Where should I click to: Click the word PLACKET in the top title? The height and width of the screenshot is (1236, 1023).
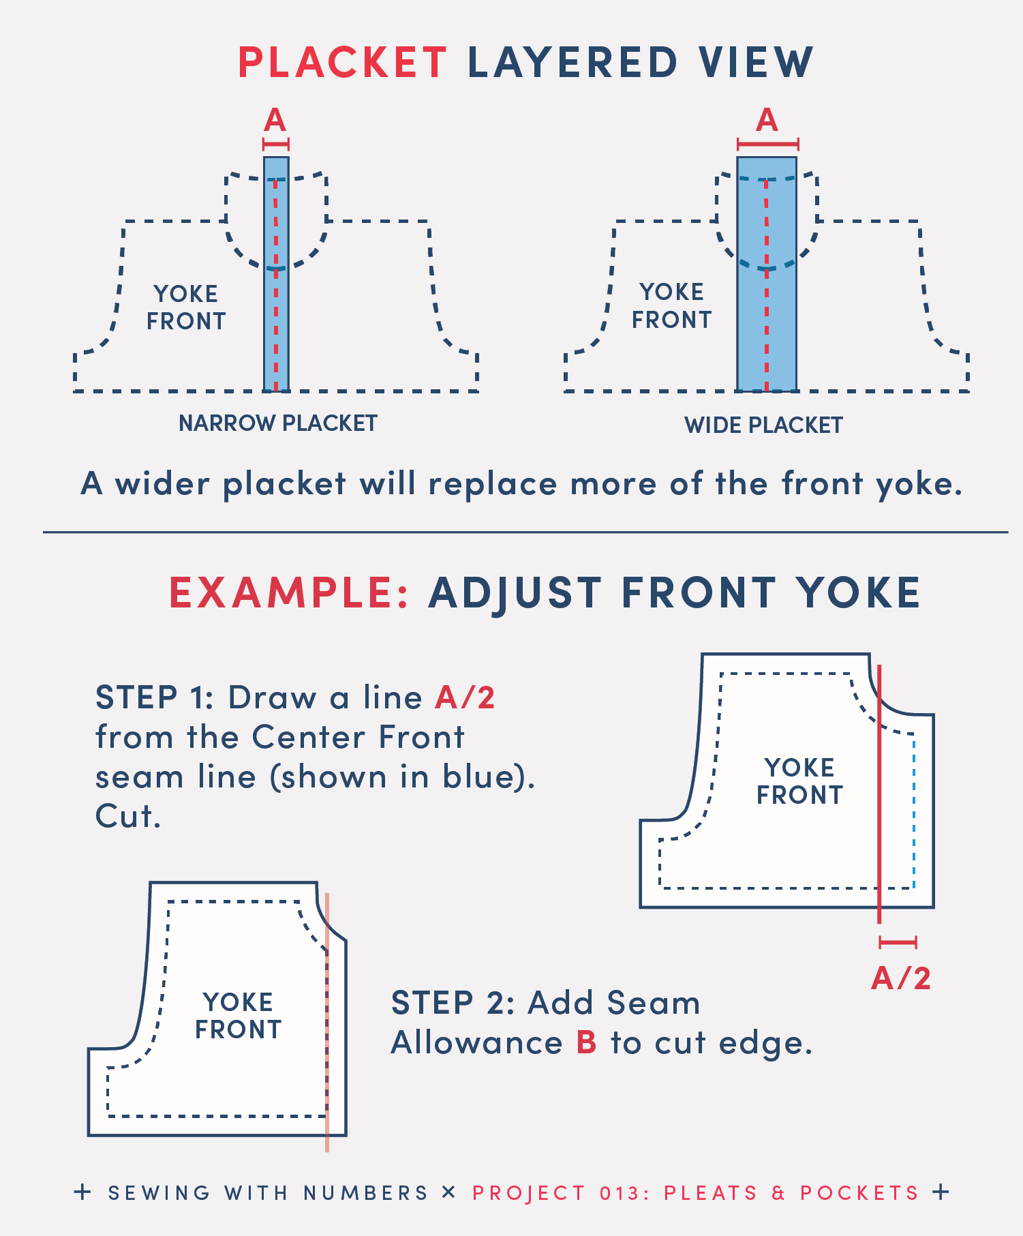[x=342, y=63]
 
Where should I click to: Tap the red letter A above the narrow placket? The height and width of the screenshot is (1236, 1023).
[x=275, y=120]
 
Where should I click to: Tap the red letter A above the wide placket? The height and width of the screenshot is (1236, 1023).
[x=767, y=120]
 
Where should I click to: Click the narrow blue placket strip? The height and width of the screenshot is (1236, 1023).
[x=276, y=274]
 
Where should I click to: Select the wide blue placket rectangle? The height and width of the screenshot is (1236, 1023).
[x=767, y=274]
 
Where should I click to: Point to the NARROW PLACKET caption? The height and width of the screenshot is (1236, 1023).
[x=278, y=423]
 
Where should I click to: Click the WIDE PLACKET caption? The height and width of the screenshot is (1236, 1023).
[x=763, y=425]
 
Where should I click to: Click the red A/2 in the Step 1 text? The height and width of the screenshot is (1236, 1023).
[x=465, y=697]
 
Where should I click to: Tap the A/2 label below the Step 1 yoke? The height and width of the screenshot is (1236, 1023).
[x=901, y=978]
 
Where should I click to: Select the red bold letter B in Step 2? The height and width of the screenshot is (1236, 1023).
[x=587, y=1042]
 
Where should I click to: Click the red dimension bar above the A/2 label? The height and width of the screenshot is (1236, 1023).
[x=898, y=943]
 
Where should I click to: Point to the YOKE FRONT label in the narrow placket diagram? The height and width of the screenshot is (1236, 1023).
[x=186, y=307]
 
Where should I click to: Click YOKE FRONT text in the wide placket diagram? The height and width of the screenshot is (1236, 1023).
[x=671, y=305]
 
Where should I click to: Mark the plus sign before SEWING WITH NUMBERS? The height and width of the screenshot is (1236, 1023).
[x=82, y=1192]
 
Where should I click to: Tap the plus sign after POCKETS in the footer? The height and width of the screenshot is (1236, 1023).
[x=941, y=1192]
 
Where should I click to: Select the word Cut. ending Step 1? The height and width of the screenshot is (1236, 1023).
[x=128, y=816]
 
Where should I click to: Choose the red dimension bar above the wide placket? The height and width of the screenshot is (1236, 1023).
[x=768, y=145]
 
